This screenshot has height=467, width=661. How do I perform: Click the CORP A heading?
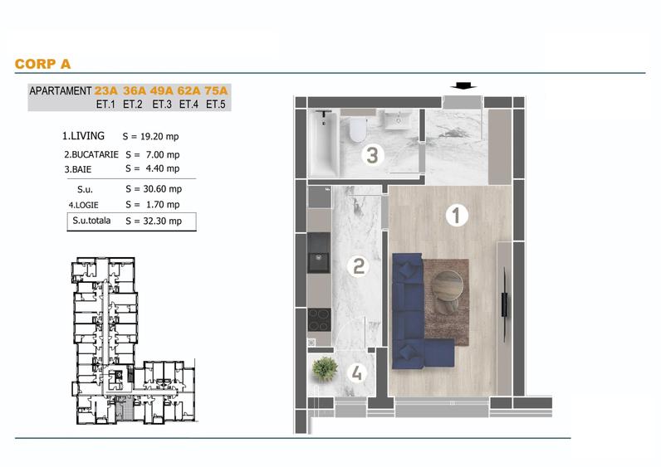[42, 64]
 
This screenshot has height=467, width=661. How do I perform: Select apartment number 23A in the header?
[105, 90]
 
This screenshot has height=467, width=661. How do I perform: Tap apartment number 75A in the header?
[216, 90]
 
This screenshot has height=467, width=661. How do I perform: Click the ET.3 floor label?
[162, 104]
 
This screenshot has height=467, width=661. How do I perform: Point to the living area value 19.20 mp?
[159, 136]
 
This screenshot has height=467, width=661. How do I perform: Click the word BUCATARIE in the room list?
[95, 154]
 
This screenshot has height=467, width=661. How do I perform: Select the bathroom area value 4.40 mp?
[162, 168]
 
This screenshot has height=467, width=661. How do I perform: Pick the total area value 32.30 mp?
[162, 221]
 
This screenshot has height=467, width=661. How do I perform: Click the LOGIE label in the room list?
[86, 205]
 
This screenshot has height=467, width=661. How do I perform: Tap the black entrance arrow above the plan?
[463, 86]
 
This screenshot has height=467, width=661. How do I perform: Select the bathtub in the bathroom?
[324, 143]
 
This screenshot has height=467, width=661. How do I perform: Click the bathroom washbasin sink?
[398, 119]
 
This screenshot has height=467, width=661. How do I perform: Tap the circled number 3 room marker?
[372, 154]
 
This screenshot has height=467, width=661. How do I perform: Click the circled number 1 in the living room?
[457, 215]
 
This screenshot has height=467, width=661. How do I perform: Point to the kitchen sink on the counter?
[319, 258]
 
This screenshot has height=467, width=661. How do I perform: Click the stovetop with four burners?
[319, 320]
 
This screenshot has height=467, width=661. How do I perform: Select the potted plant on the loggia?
[325, 369]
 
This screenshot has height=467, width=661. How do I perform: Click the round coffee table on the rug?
[448, 285]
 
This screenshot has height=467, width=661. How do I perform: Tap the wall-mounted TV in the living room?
[505, 304]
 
